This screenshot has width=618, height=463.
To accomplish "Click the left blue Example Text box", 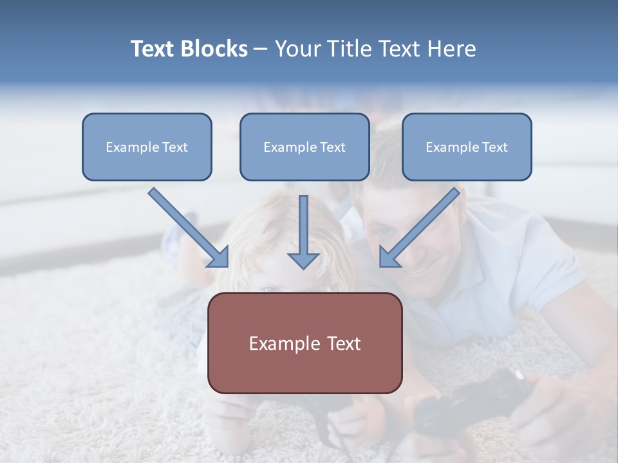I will pos(147,147).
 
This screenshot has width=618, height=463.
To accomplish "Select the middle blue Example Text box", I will pos(304,147).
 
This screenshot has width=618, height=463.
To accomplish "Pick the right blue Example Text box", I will pos(467,147).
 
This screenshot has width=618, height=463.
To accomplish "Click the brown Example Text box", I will pos(304,343).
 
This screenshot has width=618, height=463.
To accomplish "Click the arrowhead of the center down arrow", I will pos(303,260).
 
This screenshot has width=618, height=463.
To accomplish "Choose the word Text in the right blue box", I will pos(494,147).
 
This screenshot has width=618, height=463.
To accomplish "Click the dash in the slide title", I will pos(261,50).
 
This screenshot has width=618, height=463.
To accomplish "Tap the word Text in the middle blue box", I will pos(332,147).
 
